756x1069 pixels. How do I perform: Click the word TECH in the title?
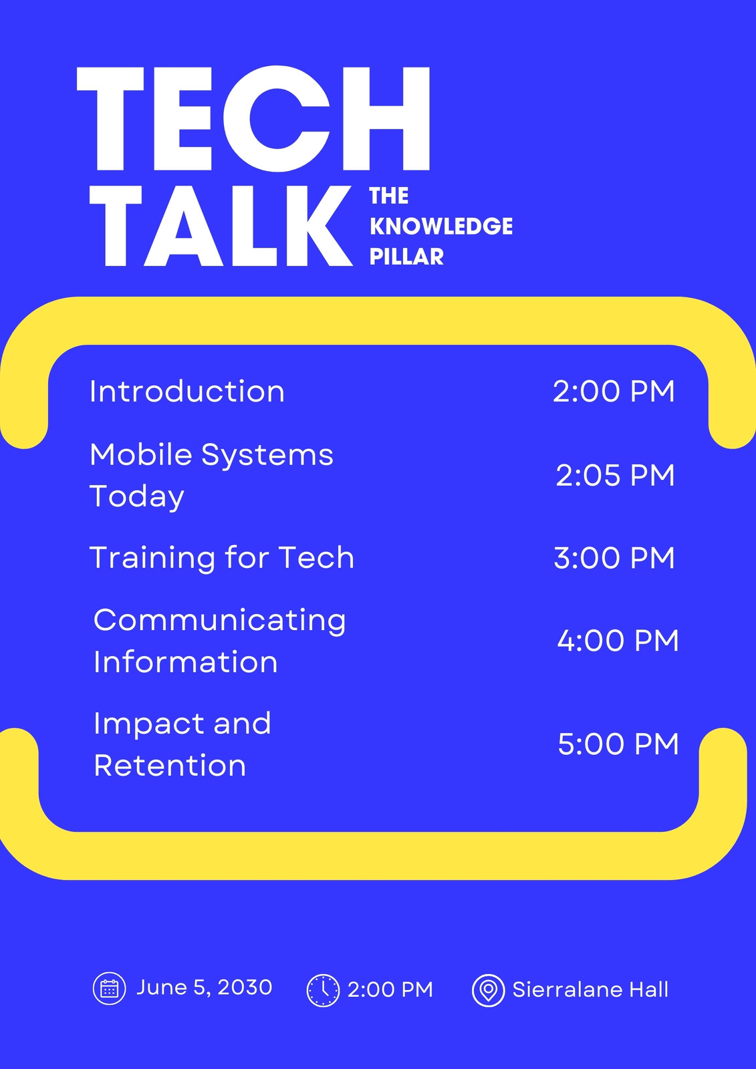[x=253, y=119]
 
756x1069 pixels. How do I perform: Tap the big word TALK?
[x=221, y=226]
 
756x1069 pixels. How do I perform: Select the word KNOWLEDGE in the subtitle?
[x=441, y=226]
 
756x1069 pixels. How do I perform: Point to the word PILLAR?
[x=406, y=257]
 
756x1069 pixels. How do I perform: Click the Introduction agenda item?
[x=187, y=392]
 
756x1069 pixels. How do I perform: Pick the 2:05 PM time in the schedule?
[x=615, y=475]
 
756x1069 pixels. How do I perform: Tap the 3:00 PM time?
[x=614, y=558]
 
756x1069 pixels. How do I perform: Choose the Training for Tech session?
[x=222, y=558]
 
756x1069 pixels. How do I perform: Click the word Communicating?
[x=220, y=621]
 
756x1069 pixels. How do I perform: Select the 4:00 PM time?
[x=618, y=641]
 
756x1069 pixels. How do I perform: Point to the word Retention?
[x=170, y=766]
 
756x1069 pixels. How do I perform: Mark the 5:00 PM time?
[x=618, y=744]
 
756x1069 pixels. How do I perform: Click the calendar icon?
[x=110, y=989]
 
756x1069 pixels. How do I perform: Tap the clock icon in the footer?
[x=323, y=991]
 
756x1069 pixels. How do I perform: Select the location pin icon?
[x=488, y=991]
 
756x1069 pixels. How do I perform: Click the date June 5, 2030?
[x=205, y=987]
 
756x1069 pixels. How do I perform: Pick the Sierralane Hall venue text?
[x=590, y=989]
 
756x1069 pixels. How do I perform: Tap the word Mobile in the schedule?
[x=141, y=454]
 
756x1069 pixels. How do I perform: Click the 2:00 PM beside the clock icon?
[x=390, y=989]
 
